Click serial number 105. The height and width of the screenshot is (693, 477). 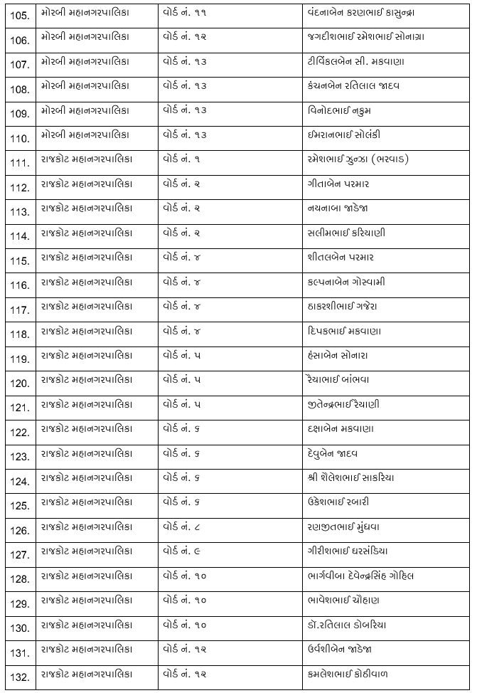(20, 16)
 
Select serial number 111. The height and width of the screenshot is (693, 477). (20, 162)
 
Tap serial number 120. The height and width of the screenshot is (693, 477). (20, 383)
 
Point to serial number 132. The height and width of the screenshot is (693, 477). (20, 676)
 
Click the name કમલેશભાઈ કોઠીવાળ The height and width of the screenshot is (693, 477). (344, 673)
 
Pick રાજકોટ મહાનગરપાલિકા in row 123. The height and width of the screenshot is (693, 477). (87, 453)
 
